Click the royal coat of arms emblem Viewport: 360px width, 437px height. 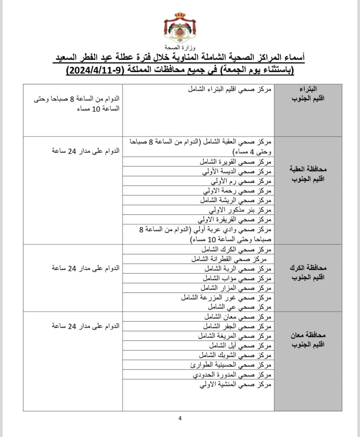(180, 27)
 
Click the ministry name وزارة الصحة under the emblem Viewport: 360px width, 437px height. (180, 47)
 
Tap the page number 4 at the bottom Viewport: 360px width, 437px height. (180, 418)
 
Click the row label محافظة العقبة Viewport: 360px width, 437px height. (308, 169)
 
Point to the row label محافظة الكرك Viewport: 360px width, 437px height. (308, 267)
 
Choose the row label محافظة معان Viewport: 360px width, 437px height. (308, 335)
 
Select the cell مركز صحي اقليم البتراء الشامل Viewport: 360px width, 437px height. (230, 89)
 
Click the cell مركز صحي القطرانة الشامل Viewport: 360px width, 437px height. (231, 259)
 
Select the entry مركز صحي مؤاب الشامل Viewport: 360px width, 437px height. (236, 278)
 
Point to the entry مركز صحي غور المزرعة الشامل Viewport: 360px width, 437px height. (226, 297)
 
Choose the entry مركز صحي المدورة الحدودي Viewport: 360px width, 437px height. (232, 375)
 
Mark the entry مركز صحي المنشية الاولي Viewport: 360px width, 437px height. (235, 384)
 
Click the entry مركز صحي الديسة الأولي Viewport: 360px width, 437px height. (237, 171)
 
